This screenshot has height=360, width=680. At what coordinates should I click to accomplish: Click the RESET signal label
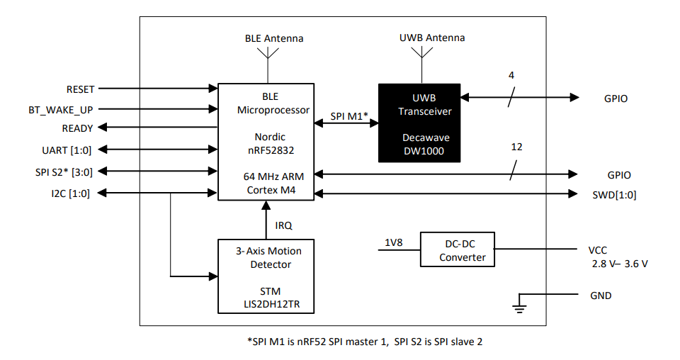tap(80, 89)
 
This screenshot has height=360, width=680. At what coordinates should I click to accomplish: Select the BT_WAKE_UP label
tap(60, 109)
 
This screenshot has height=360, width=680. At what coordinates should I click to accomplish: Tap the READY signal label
tap(77, 128)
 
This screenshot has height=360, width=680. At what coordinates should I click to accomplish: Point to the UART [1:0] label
tap(66, 150)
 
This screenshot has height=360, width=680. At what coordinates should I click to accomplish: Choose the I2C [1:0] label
tap(71, 193)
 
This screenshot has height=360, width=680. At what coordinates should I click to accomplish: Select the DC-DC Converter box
tap(457, 249)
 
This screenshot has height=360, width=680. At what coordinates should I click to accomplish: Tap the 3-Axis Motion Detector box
tap(266, 276)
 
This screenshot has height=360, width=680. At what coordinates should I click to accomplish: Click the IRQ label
tap(284, 225)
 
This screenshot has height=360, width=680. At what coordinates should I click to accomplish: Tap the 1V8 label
tap(395, 242)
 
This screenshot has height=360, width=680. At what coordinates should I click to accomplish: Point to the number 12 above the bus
tap(516, 147)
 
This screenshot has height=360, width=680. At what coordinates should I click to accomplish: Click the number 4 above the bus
tap(511, 75)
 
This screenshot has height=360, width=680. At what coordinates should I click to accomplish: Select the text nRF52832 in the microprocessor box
tap(266, 150)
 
